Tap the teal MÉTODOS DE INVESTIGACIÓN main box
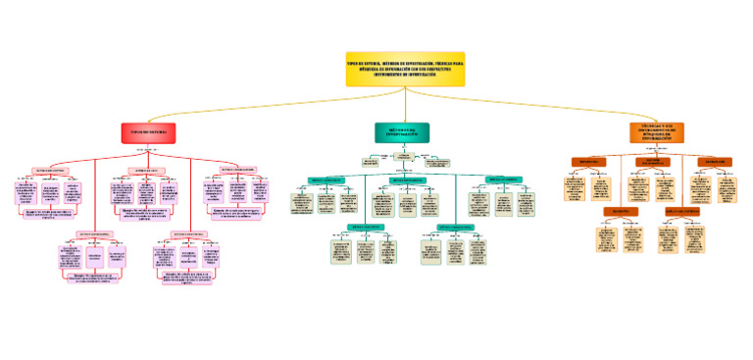[402, 132]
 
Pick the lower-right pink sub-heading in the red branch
[189, 233]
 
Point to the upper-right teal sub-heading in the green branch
[502, 180]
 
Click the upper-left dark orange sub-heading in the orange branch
[589, 161]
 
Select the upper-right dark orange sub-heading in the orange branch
[713, 161]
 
